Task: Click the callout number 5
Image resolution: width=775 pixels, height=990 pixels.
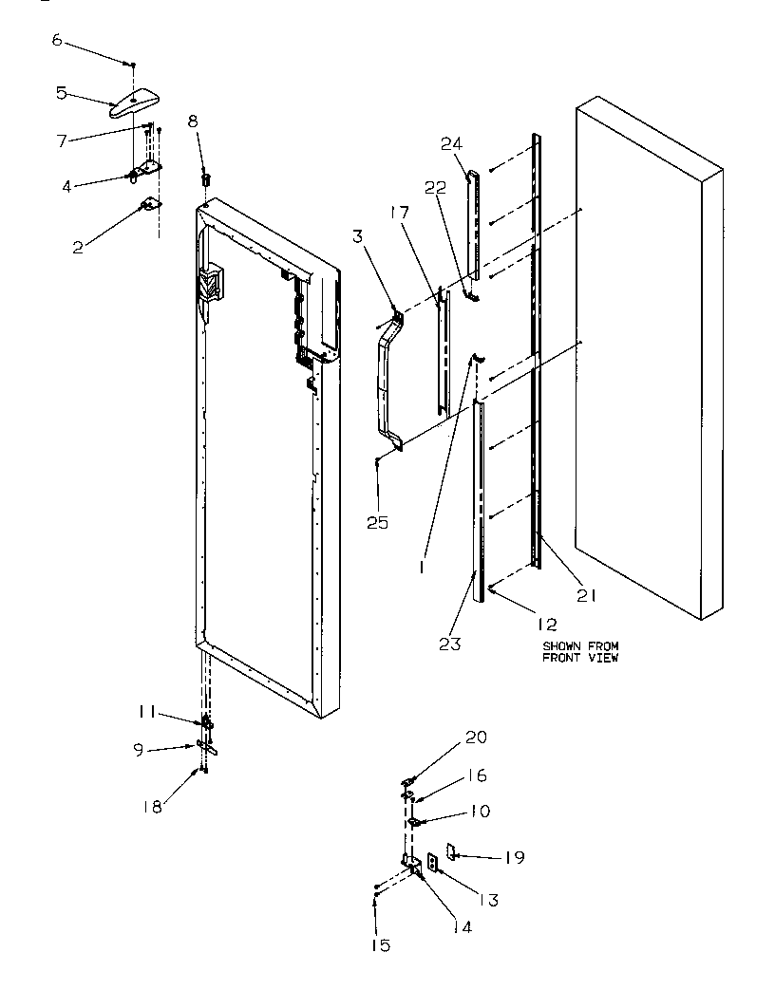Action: click(x=61, y=92)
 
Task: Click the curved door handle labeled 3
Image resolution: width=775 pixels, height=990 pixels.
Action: click(x=388, y=380)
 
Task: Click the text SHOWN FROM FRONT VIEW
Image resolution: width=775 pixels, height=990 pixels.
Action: click(x=580, y=652)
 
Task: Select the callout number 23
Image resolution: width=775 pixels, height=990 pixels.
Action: click(x=450, y=644)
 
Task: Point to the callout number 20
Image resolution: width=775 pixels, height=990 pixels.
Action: click(x=475, y=737)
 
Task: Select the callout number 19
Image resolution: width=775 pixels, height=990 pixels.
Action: click(x=514, y=858)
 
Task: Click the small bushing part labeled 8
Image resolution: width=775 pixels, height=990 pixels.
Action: click(x=204, y=178)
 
